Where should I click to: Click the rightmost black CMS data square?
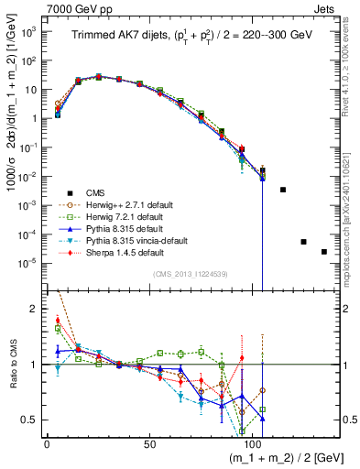point(323,252)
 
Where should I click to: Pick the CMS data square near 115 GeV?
point(283,190)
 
